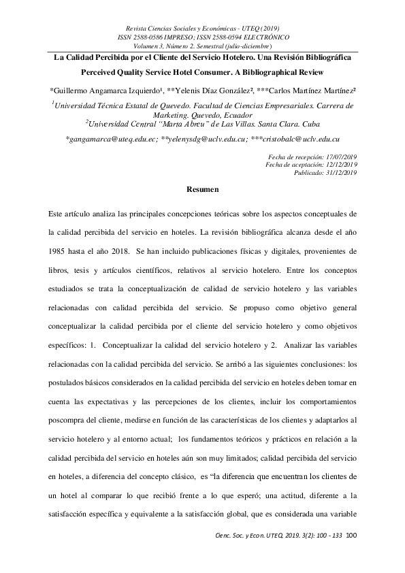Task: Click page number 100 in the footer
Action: coord(352,535)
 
